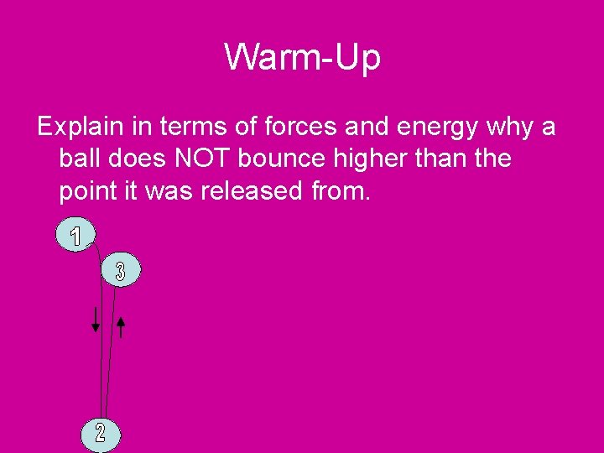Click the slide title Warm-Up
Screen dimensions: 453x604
[302, 58]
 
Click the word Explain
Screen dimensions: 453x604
[79, 128]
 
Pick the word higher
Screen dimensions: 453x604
[393, 159]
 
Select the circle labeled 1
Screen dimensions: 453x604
[76, 237]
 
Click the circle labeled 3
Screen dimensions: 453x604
[121, 271]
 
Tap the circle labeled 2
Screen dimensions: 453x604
[101, 433]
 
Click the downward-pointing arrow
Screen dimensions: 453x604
[96, 319]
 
